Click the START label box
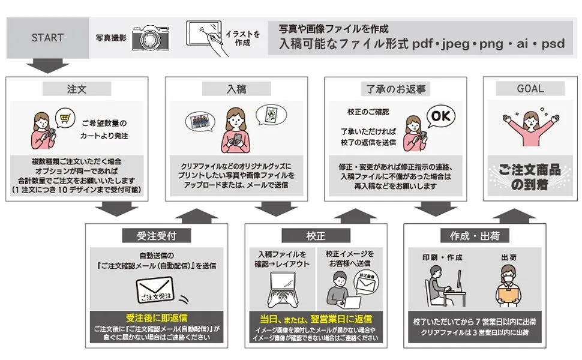coord(47,37)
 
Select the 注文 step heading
coord(77,89)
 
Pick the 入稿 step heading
coord(236,89)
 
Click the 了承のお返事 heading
coord(396,89)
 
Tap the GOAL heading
coord(530,89)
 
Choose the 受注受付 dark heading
coord(156,235)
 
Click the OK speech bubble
coord(440,115)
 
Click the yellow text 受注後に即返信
coord(156,317)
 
